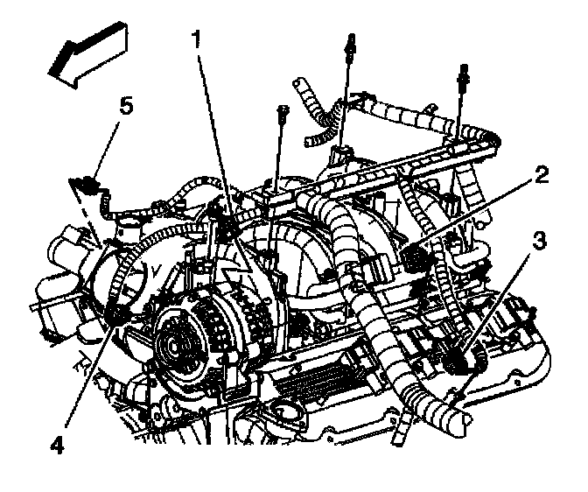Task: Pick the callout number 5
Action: click(126, 107)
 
